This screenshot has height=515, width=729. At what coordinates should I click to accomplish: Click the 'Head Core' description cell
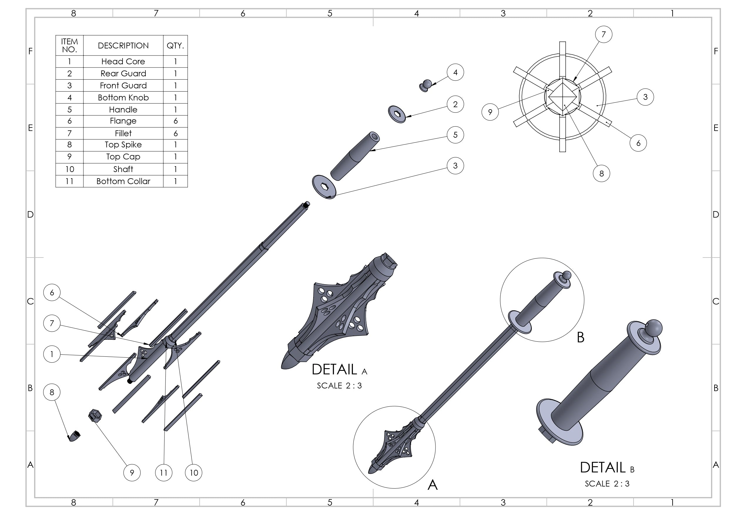(123, 61)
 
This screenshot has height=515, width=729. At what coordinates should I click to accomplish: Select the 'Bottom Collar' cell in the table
(123, 181)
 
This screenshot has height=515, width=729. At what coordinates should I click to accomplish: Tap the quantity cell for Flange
(175, 121)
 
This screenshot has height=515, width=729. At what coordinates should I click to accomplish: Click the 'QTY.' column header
(175, 46)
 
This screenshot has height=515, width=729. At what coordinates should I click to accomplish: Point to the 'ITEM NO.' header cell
(69, 46)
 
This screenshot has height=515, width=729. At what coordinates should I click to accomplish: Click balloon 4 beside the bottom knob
(455, 72)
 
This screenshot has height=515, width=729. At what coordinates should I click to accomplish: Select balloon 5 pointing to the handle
(455, 135)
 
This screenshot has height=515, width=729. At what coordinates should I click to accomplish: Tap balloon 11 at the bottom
(163, 473)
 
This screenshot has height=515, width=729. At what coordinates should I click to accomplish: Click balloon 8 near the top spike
(52, 392)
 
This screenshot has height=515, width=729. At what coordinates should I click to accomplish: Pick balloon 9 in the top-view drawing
(490, 112)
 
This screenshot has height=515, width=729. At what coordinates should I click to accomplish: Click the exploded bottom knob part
(426, 85)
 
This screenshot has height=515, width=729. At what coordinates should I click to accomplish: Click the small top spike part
(75, 436)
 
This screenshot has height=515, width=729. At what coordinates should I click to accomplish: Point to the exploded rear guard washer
(397, 114)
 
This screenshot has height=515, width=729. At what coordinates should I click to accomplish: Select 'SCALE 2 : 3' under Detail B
(607, 484)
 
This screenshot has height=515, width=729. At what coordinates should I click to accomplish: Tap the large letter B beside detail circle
(580, 337)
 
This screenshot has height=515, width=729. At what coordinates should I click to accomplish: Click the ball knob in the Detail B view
(653, 329)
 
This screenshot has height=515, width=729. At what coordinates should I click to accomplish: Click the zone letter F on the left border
(31, 51)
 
